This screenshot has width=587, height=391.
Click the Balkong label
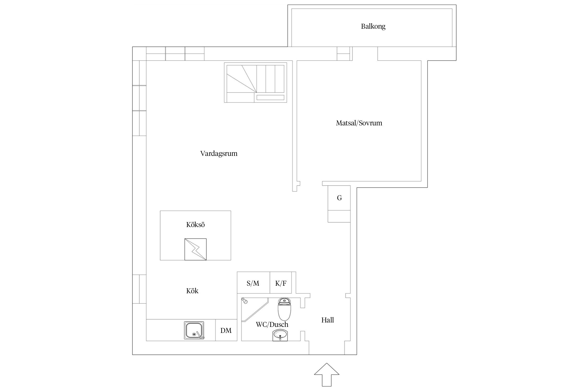(x=373, y=27)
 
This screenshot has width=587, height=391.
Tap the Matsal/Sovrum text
(x=359, y=123)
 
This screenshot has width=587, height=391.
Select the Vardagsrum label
(x=219, y=154)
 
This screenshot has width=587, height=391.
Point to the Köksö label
(x=195, y=225)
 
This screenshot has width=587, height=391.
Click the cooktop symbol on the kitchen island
(x=195, y=249)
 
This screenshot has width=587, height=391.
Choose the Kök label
(x=192, y=291)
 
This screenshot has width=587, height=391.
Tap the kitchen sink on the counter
(x=194, y=330)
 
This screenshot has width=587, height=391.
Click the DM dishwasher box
(x=226, y=330)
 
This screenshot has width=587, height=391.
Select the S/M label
(x=253, y=283)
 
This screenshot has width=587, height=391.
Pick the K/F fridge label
(x=281, y=283)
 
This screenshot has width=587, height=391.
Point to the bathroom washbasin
(x=280, y=335)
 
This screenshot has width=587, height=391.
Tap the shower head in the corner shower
(x=244, y=301)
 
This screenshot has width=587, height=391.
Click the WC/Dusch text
(x=272, y=325)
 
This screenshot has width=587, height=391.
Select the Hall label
(x=328, y=320)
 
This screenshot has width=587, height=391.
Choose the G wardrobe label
(x=339, y=198)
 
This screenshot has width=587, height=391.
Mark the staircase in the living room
(x=255, y=82)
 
